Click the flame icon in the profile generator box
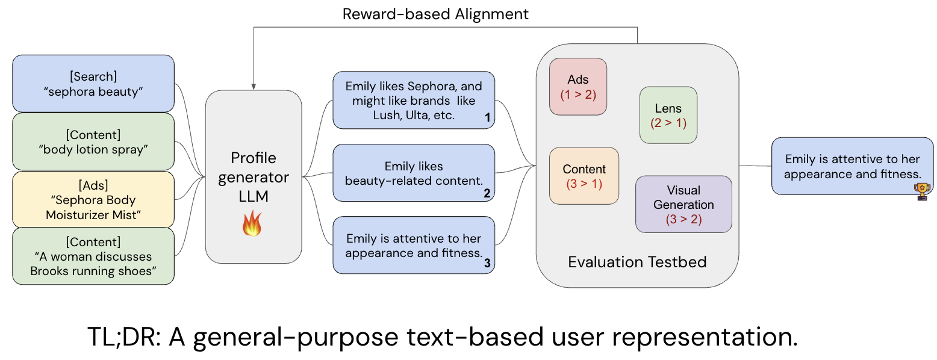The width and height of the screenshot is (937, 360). (252, 224)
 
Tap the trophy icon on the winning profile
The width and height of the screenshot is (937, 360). (922, 191)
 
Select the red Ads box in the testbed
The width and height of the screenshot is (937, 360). (578, 87)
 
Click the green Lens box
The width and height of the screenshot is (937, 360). (668, 115)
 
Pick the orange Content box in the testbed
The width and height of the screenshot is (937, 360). (584, 176)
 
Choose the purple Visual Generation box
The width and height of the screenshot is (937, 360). (683, 204)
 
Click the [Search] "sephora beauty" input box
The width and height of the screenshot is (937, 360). (93, 84)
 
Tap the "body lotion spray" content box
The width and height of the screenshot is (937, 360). (93, 141)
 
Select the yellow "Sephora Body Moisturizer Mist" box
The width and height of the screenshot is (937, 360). (93, 199)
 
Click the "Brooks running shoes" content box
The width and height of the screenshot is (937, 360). (93, 256)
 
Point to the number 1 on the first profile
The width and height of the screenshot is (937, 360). (487, 117)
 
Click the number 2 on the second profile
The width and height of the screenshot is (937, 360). (487, 193)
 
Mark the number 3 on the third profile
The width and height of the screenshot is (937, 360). (487, 263)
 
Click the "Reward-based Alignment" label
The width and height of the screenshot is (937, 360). (435, 14)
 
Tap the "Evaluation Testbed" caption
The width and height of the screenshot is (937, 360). (637, 262)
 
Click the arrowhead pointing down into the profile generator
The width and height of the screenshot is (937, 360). (254, 87)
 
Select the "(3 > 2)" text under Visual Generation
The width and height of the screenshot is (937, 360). (683, 219)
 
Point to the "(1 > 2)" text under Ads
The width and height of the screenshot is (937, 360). (578, 95)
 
